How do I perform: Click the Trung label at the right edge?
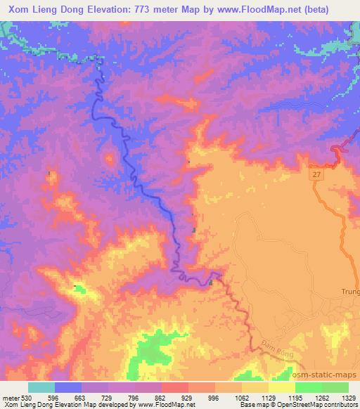(350, 291)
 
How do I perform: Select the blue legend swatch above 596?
(68, 387)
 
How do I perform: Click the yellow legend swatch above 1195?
(281, 387)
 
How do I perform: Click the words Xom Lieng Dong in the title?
(46, 8)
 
